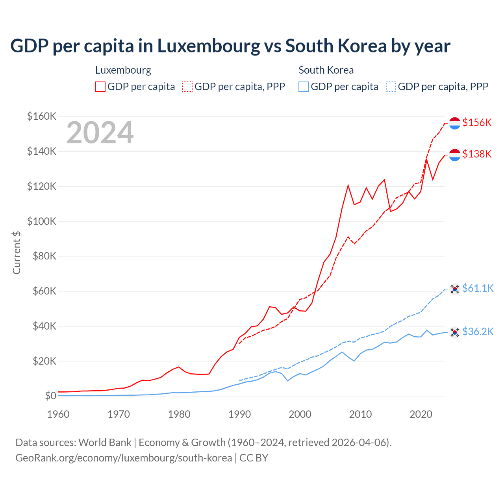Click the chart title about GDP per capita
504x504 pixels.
point(230,46)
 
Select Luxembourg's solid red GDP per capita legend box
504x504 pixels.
point(100,87)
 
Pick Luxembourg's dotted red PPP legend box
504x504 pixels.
point(187,87)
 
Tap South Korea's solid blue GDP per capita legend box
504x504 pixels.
point(304,87)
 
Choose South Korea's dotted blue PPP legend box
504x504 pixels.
point(391,87)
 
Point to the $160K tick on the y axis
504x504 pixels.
point(41,116)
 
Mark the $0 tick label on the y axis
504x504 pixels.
point(50,396)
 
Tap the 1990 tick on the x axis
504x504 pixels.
point(239,414)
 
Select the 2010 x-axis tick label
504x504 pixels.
point(360,414)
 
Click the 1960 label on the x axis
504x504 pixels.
point(58,414)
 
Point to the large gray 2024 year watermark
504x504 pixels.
point(100,133)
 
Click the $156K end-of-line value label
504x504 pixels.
point(477,122)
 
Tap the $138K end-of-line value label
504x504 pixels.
point(477,154)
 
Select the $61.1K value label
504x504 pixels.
point(478,288)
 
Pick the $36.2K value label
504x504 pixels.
point(478,332)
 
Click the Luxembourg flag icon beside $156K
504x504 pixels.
point(455,123)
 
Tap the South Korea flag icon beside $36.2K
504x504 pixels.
point(455,332)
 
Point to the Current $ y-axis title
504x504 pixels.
point(17,252)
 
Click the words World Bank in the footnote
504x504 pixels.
point(105,443)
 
